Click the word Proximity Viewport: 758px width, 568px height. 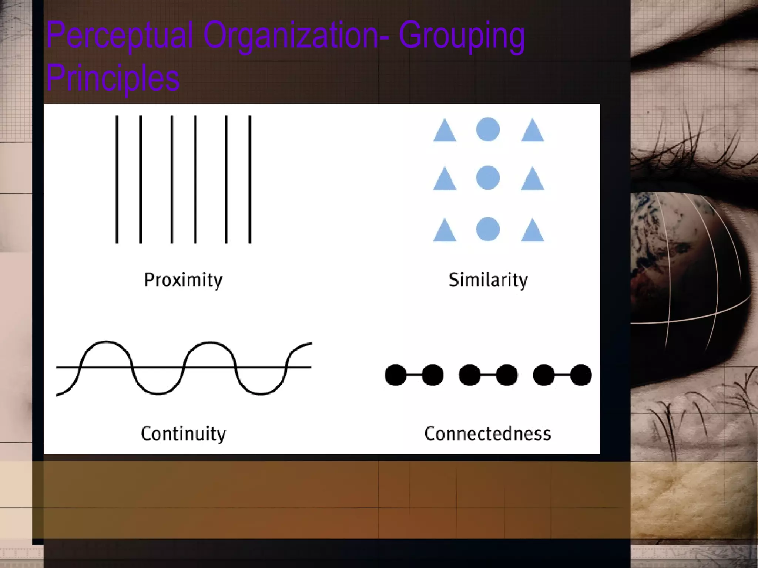click(183, 280)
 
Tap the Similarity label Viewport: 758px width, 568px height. click(488, 280)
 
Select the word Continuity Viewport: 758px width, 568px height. click(183, 434)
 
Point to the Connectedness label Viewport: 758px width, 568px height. click(487, 434)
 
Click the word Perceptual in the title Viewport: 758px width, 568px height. click(120, 36)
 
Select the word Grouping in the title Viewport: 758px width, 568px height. click(462, 36)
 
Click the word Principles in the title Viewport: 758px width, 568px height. click(113, 78)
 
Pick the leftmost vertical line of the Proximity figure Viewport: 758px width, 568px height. click(117, 180)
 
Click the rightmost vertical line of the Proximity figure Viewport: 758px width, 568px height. click(250, 180)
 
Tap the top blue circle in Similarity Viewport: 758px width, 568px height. click(488, 129)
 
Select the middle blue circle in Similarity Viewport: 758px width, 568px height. click(488, 178)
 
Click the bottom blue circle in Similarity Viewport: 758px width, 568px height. click(488, 229)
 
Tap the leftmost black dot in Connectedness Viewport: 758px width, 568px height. click(396, 375)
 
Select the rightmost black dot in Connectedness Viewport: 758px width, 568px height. click(581, 375)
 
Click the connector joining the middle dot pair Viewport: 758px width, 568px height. click(488, 375)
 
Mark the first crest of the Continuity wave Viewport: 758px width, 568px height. click(106, 342)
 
